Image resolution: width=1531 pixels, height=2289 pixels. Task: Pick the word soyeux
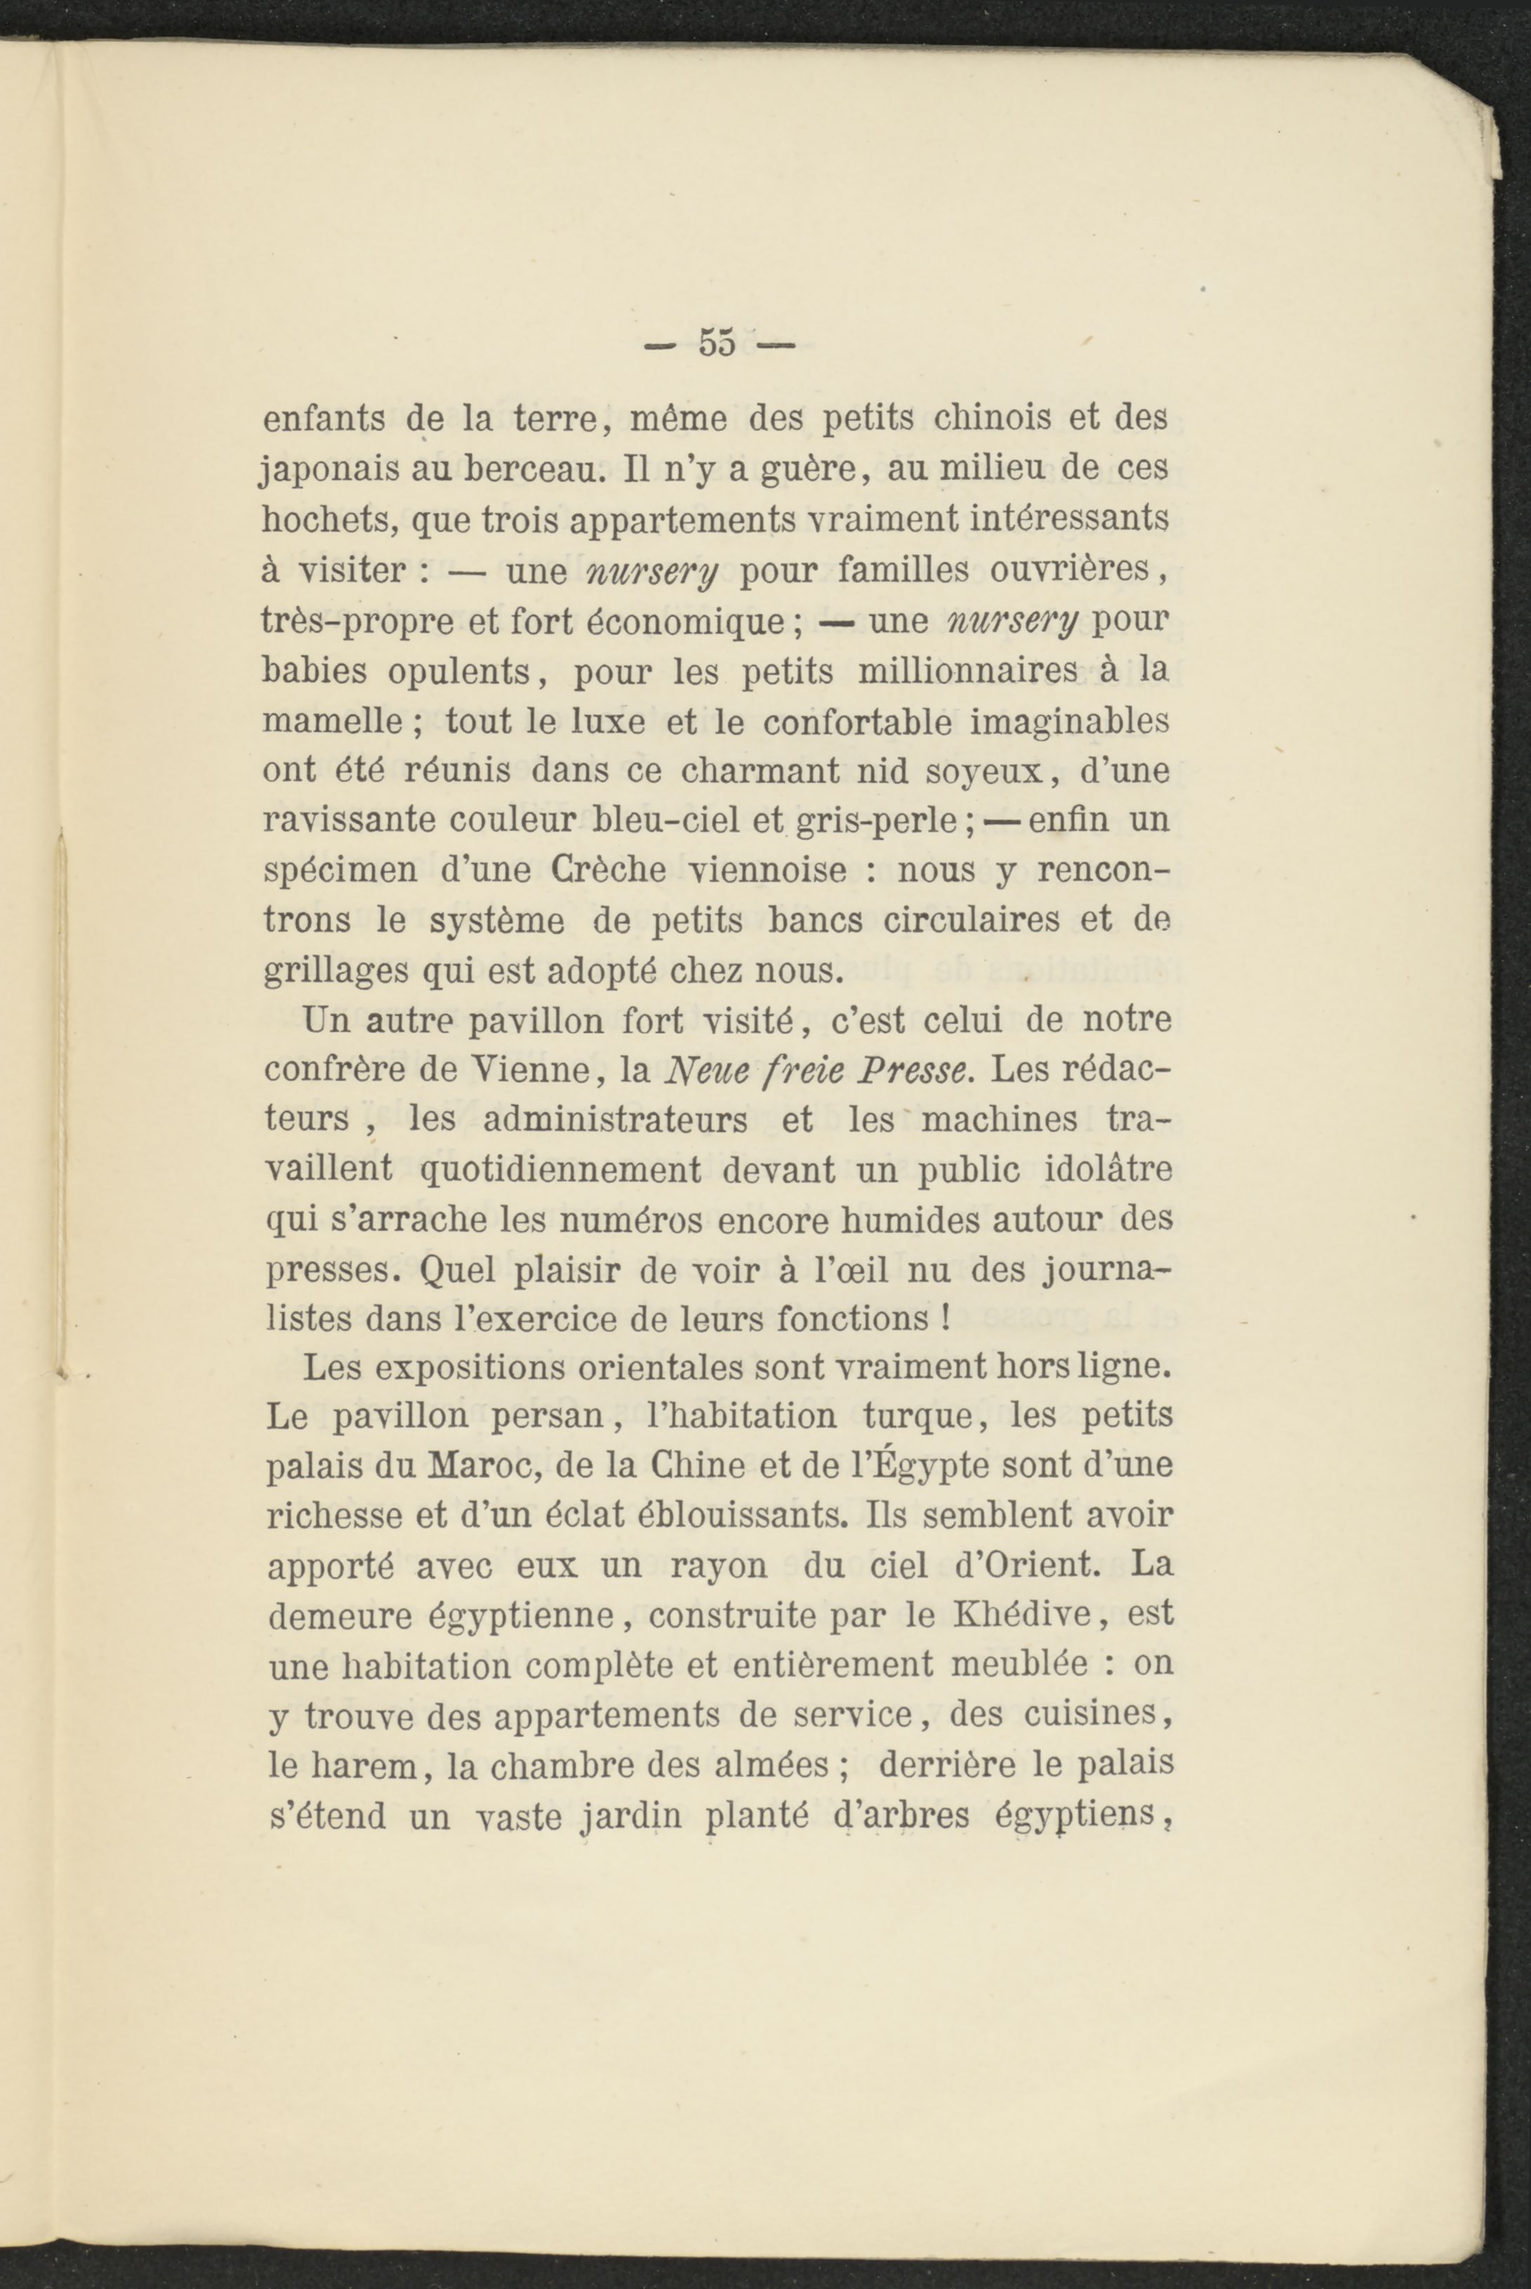click(x=992, y=772)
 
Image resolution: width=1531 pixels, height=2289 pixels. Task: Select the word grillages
click(x=334, y=972)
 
